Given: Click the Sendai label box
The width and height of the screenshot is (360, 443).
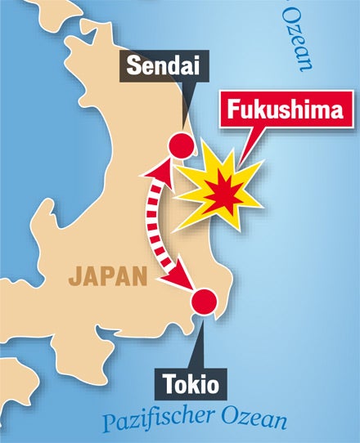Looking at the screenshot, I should (165, 67).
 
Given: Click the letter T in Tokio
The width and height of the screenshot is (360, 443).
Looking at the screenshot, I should (168, 383).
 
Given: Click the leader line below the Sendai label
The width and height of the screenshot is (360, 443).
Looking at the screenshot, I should (185, 110).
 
